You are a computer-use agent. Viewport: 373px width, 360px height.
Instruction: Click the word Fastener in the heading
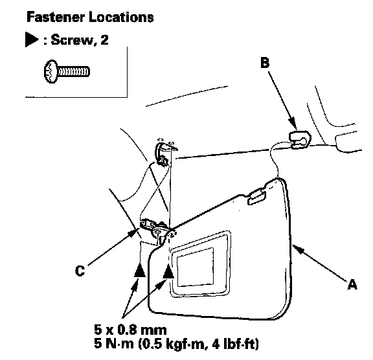point(56,17)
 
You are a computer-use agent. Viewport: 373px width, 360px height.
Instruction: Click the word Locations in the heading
point(121,17)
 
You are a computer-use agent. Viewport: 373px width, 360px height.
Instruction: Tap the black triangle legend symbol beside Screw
point(32,39)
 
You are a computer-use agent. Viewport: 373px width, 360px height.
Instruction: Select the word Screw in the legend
point(72,39)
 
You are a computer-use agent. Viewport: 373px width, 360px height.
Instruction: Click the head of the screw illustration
point(51,72)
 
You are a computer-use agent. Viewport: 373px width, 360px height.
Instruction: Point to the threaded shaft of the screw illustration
point(74,72)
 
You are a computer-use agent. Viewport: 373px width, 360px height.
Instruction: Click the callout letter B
point(265,63)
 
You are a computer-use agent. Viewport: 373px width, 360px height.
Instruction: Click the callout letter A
point(352,284)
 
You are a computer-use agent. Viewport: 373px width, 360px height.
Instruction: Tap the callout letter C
point(80,271)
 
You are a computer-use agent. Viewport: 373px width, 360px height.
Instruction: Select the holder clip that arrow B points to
point(300,140)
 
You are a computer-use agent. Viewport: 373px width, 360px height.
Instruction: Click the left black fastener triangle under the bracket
point(140,270)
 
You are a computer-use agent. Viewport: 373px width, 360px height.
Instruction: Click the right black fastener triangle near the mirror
point(168,271)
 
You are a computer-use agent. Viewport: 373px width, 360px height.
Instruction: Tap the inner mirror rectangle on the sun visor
point(195,267)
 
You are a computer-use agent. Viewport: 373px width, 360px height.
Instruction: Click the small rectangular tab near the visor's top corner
point(256,196)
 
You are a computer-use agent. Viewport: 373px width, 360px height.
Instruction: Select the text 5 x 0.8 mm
point(130,330)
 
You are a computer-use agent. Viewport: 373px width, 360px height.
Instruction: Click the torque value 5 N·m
point(114,344)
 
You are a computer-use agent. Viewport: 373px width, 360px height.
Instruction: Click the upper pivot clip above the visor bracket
point(163,153)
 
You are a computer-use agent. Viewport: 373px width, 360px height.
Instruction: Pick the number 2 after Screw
point(104,39)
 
